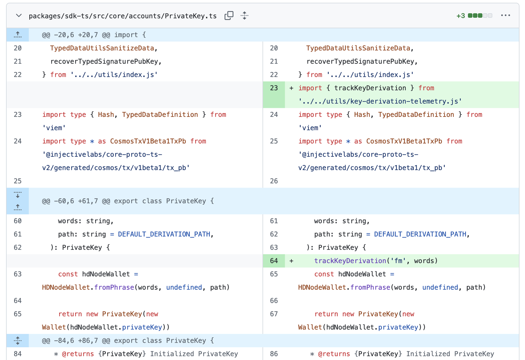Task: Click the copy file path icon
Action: click(x=229, y=15)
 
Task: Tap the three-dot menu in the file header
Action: click(x=505, y=15)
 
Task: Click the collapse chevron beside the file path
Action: click(x=19, y=16)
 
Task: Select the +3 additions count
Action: click(x=461, y=16)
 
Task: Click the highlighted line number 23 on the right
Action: click(x=274, y=88)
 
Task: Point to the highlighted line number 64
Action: click(x=274, y=261)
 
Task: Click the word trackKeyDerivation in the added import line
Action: click(x=370, y=88)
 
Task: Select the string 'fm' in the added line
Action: click(x=398, y=261)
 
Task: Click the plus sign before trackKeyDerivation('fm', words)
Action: click(x=291, y=261)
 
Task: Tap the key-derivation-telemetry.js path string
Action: click(x=380, y=101)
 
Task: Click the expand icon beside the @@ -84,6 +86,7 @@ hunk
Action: click(x=17, y=341)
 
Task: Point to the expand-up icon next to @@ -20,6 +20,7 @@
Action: click(x=17, y=35)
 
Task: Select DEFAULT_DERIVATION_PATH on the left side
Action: click(x=164, y=234)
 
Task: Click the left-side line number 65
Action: click(x=17, y=314)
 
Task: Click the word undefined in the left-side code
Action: click(x=184, y=287)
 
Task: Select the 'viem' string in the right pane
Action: click(x=310, y=128)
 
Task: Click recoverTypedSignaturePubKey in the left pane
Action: click(x=104, y=61)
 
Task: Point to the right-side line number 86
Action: click(x=274, y=354)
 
